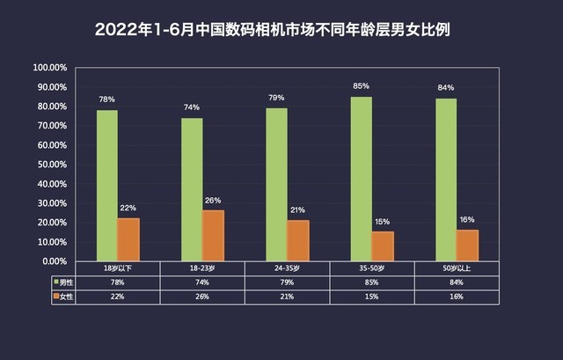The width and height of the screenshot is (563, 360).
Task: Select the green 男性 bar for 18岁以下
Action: (107, 185)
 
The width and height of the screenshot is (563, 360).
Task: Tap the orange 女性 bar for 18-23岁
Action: (214, 235)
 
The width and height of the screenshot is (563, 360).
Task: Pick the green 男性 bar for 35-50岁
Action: (361, 179)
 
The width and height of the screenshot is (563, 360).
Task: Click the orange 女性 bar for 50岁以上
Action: (467, 245)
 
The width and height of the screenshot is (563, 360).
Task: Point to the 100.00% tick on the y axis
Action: (50, 67)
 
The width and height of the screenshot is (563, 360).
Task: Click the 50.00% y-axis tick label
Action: (50, 165)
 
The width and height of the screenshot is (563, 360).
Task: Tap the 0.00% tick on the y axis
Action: (53, 261)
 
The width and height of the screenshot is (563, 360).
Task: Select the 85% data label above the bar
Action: (361, 86)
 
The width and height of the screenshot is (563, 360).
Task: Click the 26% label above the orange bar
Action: (214, 200)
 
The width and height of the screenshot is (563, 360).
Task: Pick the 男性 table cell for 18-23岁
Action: (202, 282)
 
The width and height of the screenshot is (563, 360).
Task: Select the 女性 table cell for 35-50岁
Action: (371, 297)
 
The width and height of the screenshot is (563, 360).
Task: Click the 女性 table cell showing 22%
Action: (118, 297)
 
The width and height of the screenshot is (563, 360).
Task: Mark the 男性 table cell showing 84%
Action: (456, 282)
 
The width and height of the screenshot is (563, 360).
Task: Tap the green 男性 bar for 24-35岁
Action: (276, 184)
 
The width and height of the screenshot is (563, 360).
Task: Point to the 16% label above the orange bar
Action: (467, 219)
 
